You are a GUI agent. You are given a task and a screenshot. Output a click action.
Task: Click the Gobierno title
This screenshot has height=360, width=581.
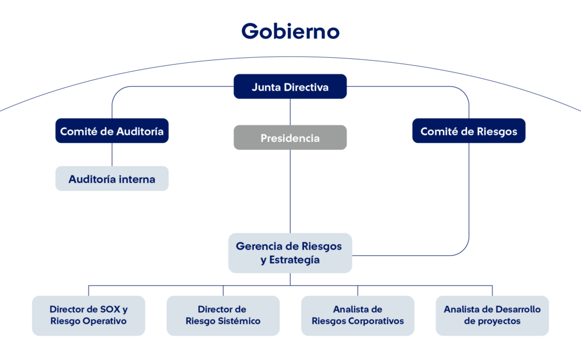290,31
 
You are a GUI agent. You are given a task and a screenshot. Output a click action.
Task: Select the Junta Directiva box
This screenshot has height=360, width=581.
290,87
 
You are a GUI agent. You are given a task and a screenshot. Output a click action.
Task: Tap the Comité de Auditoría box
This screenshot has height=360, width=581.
112,131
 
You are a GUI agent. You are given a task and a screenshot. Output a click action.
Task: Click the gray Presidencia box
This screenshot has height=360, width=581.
290,138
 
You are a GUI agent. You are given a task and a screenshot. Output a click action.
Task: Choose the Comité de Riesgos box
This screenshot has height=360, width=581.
469,131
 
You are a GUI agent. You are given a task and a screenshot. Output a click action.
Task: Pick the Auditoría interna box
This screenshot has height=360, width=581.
112,179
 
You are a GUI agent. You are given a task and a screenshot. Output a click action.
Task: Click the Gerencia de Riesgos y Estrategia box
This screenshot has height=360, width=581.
290,253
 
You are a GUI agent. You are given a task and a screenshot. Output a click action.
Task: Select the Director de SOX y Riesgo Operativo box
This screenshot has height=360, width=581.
88,315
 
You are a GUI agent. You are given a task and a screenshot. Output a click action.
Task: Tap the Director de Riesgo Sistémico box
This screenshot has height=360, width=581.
222,315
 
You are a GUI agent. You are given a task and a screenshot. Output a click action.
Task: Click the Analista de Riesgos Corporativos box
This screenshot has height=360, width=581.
357,315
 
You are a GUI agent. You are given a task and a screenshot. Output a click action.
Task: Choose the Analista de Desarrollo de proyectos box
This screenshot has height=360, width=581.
492,315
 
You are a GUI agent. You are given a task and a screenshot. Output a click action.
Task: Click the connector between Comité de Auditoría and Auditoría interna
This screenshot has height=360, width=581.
112,154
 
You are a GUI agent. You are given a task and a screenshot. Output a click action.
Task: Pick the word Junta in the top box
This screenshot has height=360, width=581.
264,87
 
